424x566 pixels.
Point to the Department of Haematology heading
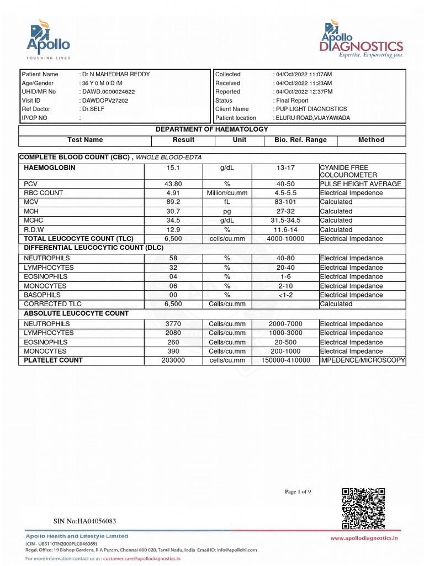212,129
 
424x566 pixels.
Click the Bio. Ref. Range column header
300,140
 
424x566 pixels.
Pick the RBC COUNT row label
44,193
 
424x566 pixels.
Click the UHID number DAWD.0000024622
109,92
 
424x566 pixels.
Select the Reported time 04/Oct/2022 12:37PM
304,92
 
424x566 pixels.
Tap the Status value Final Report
292,101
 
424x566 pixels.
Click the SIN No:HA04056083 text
84,521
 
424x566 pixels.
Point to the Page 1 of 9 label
298,491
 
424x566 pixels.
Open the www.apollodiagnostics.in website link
364,538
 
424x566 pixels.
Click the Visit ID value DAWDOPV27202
105,101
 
